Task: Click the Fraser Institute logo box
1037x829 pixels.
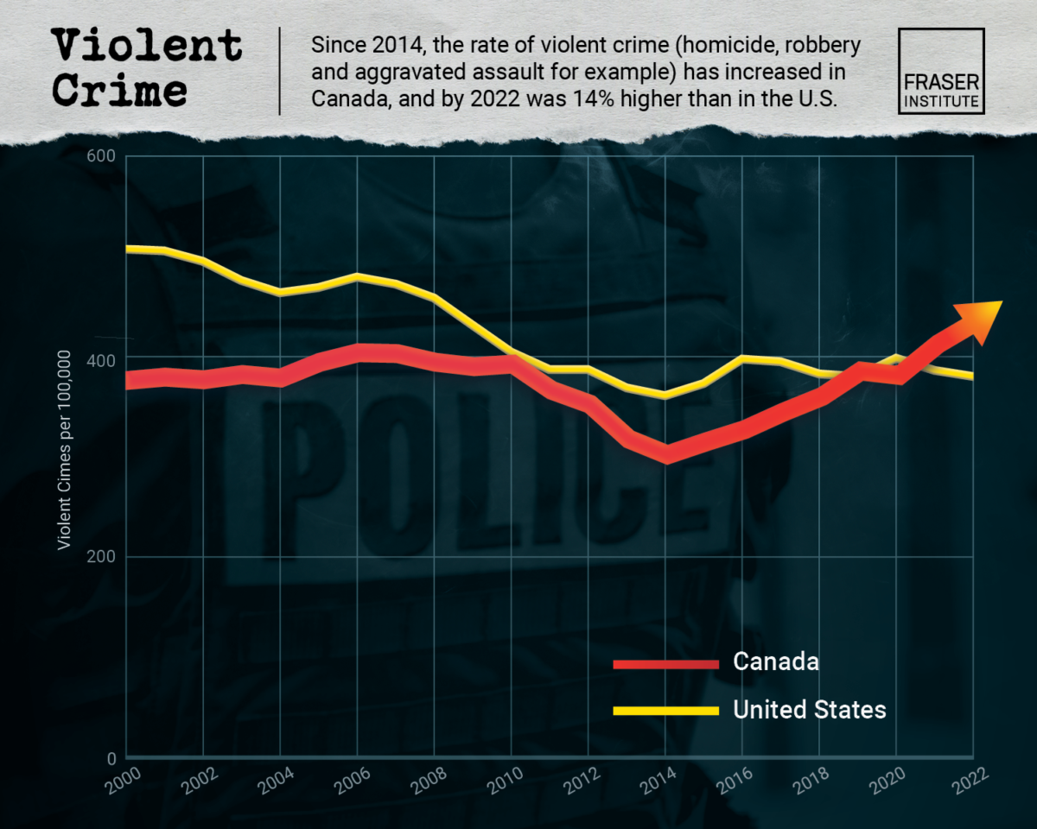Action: (941, 71)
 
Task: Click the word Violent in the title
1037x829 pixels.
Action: (146, 45)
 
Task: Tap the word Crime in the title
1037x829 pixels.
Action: (118, 91)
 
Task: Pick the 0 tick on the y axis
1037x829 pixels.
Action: (111, 758)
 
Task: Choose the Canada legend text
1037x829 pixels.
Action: (775, 662)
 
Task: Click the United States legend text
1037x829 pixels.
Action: (809, 710)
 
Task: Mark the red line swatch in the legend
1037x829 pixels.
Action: (665, 663)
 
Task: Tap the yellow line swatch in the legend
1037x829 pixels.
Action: (665, 711)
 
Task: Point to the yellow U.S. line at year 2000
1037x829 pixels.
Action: (128, 249)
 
